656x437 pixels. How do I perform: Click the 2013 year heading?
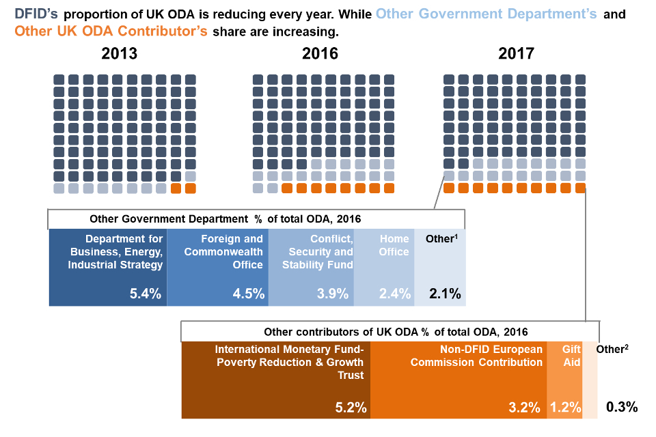[x=120, y=54]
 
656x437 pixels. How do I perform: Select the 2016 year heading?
[x=320, y=54]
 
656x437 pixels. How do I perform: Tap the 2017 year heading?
[x=517, y=54]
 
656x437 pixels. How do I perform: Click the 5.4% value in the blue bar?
[x=146, y=294]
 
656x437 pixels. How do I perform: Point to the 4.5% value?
[x=249, y=294]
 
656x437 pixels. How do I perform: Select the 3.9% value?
[x=333, y=294]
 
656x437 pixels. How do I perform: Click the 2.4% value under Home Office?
[x=395, y=294]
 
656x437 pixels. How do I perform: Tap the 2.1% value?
[x=445, y=294]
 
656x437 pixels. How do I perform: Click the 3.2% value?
[x=527, y=408]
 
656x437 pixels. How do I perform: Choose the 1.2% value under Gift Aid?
[x=565, y=408]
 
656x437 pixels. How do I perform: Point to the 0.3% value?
[x=622, y=408]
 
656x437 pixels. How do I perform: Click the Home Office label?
[x=395, y=245]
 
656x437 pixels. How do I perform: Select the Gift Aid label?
[x=571, y=356]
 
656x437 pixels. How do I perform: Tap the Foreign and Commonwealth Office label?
[x=232, y=251]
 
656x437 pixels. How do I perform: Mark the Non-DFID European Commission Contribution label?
[x=476, y=356]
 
